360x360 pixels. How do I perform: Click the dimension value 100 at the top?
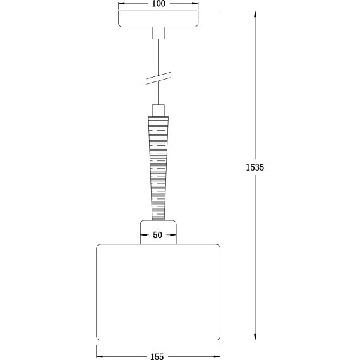[x=159, y=4]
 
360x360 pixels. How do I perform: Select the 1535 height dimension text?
[x=255, y=167]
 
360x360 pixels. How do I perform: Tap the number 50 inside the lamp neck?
[x=158, y=235]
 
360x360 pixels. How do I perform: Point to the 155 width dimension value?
[x=157, y=356]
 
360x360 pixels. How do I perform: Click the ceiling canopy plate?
[x=158, y=19]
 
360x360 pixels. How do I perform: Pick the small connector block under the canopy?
[x=158, y=33]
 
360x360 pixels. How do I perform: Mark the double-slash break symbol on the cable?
[x=159, y=78]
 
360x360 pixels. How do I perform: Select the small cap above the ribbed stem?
[x=159, y=111]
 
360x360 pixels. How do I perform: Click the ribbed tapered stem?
[x=158, y=168]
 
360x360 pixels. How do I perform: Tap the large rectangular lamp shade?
[x=158, y=292]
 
